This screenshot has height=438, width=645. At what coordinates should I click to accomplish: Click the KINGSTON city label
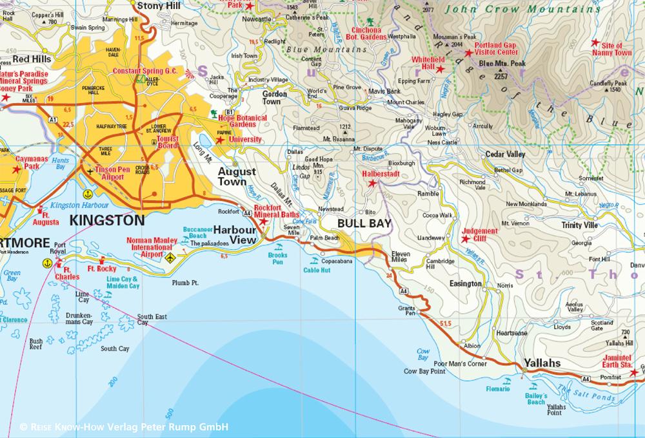[x=106, y=220]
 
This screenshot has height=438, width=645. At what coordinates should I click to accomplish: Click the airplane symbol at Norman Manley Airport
[x=170, y=258]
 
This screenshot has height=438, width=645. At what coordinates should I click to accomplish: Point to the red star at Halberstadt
[x=372, y=184]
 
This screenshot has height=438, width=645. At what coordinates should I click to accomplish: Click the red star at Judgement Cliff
[x=465, y=239]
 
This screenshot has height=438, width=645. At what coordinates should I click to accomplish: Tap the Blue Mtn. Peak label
[x=502, y=64]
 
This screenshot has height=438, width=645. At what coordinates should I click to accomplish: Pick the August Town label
[x=237, y=177]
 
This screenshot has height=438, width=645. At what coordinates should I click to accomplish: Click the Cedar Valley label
[x=505, y=155]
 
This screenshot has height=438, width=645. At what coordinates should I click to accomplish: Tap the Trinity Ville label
[x=579, y=225]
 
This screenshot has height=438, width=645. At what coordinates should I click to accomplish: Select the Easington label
[x=466, y=283]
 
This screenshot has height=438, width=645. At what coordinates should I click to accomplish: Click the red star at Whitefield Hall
[x=441, y=69]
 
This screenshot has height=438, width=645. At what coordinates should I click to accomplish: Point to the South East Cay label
[x=152, y=319]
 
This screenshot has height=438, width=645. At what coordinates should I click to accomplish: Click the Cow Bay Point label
[x=424, y=371]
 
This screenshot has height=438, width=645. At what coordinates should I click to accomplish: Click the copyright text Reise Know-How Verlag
[x=123, y=427]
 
